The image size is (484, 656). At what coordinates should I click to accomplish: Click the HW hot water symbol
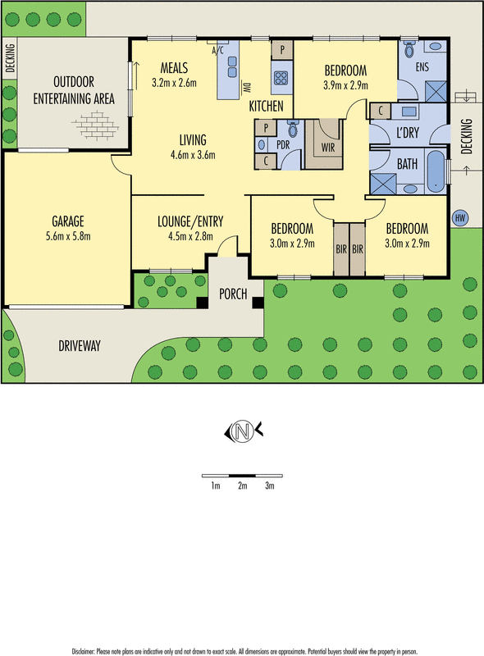click(x=459, y=218)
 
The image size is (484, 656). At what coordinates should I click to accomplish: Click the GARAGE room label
click(x=69, y=221)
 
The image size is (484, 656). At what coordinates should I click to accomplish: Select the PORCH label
click(x=234, y=294)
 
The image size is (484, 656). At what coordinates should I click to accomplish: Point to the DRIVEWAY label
click(x=80, y=346)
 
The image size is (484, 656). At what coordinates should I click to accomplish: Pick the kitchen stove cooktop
click(x=281, y=79)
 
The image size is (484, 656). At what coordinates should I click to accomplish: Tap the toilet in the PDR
click(x=293, y=130)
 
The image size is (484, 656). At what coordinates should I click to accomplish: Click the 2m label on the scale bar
click(x=242, y=486)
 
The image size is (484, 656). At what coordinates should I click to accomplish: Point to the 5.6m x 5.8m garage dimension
click(x=69, y=236)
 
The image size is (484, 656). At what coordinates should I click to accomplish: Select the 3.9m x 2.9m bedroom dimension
click(x=345, y=84)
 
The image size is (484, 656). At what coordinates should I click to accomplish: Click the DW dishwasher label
click(x=246, y=85)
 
